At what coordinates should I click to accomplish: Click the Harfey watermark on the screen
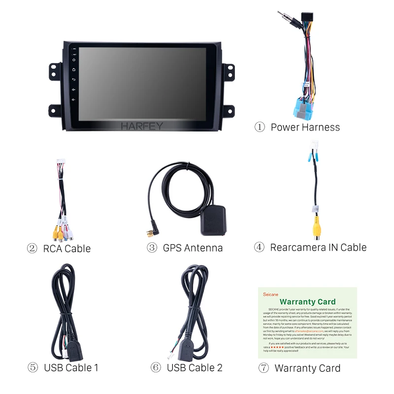pos(142,127)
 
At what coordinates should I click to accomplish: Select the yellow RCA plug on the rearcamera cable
pos(313,228)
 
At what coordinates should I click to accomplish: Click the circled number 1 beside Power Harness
pos(260,127)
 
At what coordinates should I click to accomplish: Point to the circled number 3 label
pos(152,248)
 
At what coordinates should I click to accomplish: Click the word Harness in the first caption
pos(321,127)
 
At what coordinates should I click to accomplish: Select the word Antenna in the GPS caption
pos(204,248)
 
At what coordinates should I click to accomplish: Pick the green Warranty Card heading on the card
pos(307,301)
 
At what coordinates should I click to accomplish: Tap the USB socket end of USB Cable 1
pos(75,351)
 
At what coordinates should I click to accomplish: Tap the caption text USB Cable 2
pos(195,367)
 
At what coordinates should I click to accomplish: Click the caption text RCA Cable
pos(67,249)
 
